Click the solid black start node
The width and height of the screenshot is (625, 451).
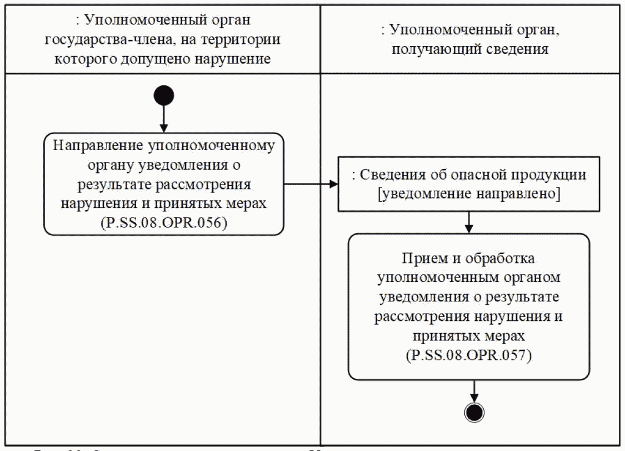[163, 96]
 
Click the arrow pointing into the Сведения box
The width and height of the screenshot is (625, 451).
[311, 183]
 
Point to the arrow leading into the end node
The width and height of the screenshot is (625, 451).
[473, 390]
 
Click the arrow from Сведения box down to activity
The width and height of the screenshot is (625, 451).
[470, 222]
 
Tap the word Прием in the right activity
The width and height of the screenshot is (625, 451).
[419, 259]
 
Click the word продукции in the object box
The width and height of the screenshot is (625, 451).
[549, 175]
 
